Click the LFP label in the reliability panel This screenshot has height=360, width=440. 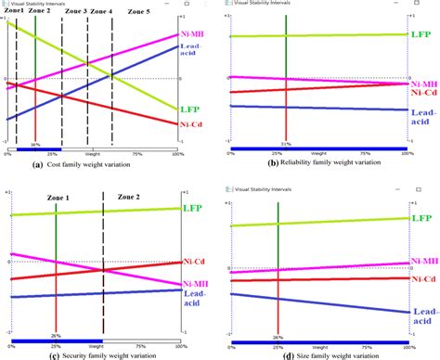421,33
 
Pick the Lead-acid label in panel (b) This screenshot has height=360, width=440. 423,115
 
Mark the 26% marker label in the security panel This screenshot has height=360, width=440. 55,336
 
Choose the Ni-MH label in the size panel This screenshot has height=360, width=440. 423,264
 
